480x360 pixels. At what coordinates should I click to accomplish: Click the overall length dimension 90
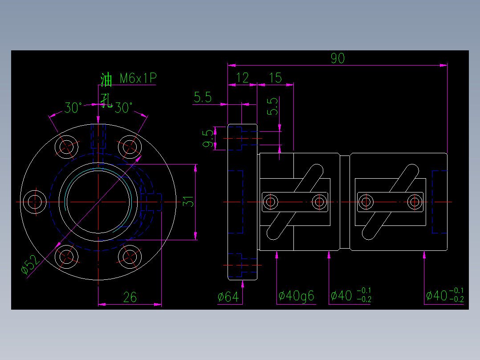[338, 58]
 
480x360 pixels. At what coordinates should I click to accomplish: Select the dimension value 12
[243, 78]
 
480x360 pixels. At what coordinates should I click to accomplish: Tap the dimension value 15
[276, 78]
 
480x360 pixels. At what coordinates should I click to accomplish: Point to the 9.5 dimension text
[208, 139]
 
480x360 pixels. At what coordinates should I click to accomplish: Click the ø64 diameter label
[228, 296]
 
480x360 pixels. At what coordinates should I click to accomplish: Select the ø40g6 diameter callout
[296, 295]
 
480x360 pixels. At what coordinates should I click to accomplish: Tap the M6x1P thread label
[138, 79]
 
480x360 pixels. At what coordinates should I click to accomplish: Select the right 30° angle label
[124, 108]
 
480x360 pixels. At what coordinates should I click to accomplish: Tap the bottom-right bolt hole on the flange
[129, 257]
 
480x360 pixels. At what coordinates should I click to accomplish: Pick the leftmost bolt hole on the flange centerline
[34, 202]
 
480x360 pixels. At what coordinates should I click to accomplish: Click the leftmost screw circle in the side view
[270, 202]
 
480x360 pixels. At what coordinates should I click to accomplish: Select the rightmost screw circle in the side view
[414, 202]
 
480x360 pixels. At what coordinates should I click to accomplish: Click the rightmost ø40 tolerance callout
[444, 295]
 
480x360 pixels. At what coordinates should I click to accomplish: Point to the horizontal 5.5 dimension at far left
[203, 97]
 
